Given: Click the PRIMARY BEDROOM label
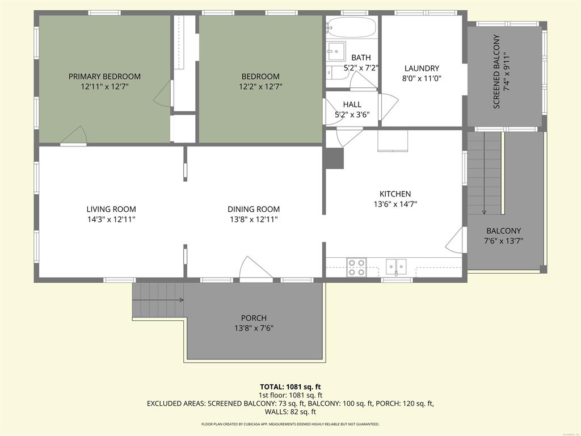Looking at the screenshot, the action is click(104, 77).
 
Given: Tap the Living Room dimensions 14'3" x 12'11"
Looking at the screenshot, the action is click(111, 220).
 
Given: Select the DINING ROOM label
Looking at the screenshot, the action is click(254, 209).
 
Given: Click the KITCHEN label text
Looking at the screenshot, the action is click(395, 194).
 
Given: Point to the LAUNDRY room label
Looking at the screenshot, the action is click(422, 68).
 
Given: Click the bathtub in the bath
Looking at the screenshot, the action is click(352, 27).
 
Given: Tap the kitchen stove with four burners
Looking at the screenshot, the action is click(356, 267).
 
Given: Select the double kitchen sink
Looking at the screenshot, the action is click(396, 266).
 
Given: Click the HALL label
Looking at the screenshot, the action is click(352, 104).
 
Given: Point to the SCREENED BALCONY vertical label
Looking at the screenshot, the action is click(496, 72).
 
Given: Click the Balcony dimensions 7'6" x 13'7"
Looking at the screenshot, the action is click(504, 241).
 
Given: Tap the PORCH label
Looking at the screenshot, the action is click(254, 318).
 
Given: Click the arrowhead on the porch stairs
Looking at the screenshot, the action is click(182, 300).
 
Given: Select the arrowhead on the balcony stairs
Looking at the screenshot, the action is click(484, 212).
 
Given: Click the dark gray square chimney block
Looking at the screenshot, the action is click(334, 159).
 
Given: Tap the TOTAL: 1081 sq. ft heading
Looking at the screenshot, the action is click(290, 387).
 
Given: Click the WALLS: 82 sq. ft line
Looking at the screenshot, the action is click(290, 412).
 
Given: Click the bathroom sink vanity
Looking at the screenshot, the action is click(336, 51).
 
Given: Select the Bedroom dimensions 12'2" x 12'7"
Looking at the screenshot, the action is click(260, 87).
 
